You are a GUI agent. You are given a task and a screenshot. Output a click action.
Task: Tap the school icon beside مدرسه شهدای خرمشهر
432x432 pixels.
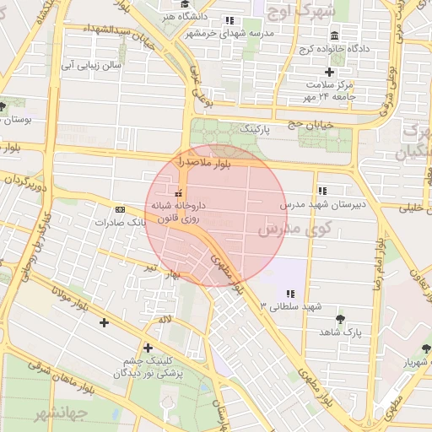tap(229, 20)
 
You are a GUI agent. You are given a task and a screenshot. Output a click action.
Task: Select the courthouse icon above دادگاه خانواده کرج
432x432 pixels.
tap(335, 36)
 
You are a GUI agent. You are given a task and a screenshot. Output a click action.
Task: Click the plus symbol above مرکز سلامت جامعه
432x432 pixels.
tap(330, 72)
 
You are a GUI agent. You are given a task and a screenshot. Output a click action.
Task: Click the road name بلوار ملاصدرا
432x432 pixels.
tap(196, 160)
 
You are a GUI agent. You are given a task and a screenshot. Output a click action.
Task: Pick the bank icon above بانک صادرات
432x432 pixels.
tap(120, 208)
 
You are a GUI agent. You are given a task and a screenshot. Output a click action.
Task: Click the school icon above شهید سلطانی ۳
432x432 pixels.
tap(290, 294)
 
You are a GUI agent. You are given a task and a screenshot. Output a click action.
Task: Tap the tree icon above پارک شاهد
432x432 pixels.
tap(339, 319)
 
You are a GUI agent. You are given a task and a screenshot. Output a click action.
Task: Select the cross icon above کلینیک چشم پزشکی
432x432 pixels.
tap(148, 347)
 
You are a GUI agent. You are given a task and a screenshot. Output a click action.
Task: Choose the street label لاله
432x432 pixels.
tap(165, 321)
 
